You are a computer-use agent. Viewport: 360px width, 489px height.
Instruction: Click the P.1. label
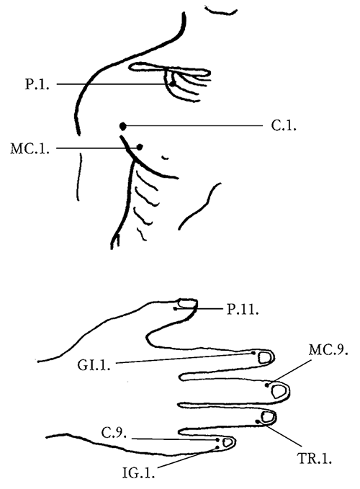point(37,84)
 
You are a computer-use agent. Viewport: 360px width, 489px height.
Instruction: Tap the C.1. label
point(284,126)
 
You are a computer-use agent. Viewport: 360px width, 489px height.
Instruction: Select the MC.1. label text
point(30,148)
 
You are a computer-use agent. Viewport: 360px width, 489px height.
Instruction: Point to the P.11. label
point(243,309)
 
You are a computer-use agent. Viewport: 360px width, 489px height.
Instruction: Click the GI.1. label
point(94,365)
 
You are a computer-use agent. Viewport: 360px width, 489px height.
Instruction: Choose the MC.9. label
point(328,350)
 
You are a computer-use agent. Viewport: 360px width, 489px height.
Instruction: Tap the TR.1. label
point(315,459)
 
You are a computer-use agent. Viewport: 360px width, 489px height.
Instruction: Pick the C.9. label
point(114,433)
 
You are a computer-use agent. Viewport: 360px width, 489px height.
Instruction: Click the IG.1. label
point(138,473)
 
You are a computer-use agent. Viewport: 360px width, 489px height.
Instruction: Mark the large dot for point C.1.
point(123,126)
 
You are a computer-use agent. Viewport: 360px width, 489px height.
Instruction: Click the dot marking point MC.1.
point(140,147)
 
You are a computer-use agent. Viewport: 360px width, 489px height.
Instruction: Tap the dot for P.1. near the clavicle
point(172,84)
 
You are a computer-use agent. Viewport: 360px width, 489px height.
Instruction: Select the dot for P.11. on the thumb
point(176,309)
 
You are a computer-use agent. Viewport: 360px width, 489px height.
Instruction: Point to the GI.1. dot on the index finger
point(253,353)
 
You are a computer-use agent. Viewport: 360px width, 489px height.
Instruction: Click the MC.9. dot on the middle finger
point(267,385)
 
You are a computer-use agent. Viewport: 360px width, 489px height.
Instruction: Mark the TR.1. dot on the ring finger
point(258,421)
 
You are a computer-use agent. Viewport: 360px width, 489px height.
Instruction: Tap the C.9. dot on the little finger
point(217,440)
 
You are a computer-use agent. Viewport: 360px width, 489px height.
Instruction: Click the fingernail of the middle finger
point(279,391)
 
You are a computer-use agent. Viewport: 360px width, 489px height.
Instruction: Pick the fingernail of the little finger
point(228,442)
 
